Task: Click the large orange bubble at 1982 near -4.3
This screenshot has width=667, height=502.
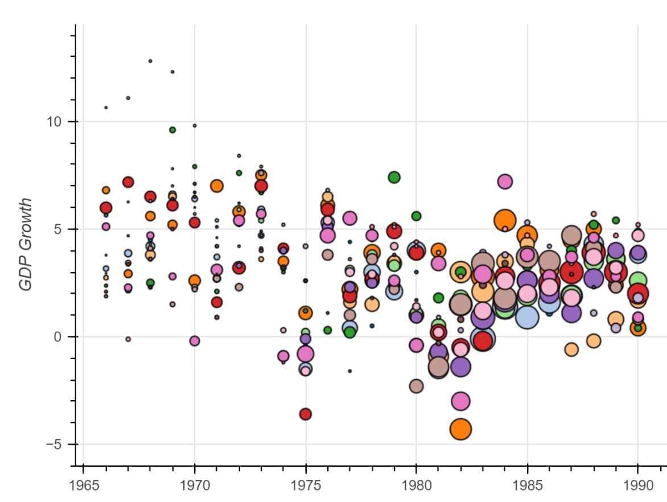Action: [x=460, y=429]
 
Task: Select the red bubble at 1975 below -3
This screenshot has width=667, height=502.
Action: [x=306, y=414]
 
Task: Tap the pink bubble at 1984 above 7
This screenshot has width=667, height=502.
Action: [x=505, y=182]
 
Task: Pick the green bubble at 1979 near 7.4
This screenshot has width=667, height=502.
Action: [x=394, y=177]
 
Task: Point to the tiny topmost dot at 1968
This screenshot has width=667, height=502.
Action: [x=150, y=61]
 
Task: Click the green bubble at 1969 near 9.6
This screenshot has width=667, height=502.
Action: [x=172, y=130]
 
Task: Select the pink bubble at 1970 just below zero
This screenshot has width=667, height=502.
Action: [x=195, y=340]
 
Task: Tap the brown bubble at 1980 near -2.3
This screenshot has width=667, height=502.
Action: [x=416, y=386]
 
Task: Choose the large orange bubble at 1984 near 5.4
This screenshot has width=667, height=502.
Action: [x=505, y=219]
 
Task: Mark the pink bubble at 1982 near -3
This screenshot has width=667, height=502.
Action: [x=460, y=401]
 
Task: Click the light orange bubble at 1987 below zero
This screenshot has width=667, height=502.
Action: [x=571, y=349]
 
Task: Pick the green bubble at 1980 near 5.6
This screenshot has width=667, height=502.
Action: [x=416, y=216]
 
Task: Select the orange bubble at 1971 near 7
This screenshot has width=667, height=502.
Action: [x=217, y=186]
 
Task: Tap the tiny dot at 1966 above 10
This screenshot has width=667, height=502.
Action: [x=106, y=108]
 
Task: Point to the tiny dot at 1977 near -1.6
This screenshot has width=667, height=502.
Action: [x=350, y=371]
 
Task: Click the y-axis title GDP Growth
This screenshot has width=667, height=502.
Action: [x=26, y=244]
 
